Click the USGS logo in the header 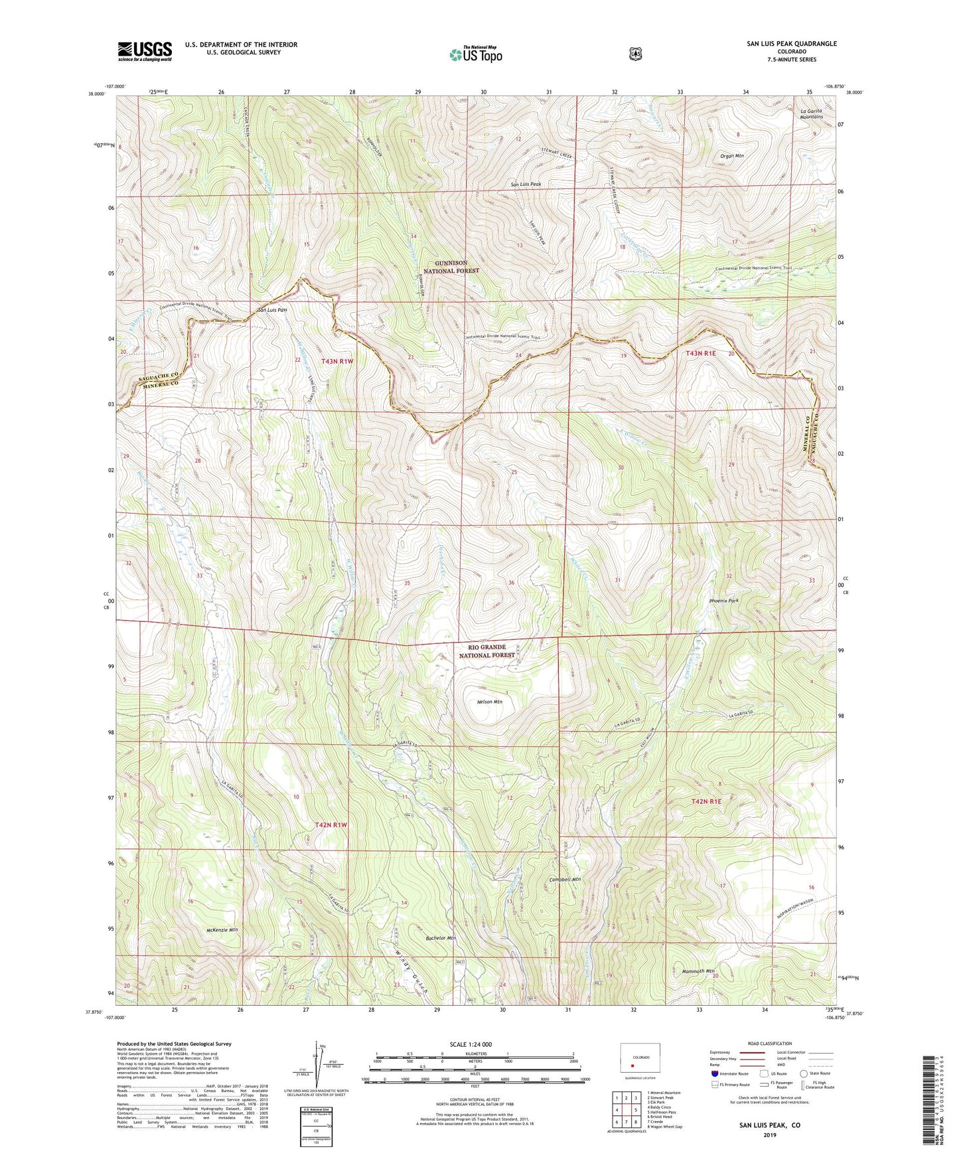(x=145, y=51)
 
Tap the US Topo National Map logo (x=475, y=54)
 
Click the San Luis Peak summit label (x=526, y=184)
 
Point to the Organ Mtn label (x=732, y=156)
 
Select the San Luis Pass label (x=272, y=310)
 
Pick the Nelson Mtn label (x=490, y=702)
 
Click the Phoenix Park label (x=723, y=600)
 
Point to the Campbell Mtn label (x=565, y=880)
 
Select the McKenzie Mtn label (x=222, y=929)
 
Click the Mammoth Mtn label (x=698, y=971)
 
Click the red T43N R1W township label (x=337, y=361)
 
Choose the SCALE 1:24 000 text (x=471, y=1044)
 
